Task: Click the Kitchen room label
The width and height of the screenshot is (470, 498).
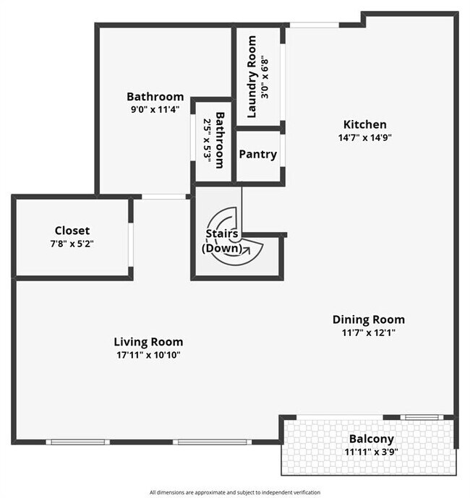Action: point(364,124)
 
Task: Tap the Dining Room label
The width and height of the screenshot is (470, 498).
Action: point(368,319)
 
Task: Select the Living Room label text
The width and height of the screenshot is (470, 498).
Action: point(148,342)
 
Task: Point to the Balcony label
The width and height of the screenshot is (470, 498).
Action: point(371,439)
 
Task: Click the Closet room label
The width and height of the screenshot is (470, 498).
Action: point(72,231)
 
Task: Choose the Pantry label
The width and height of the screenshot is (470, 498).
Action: point(257,154)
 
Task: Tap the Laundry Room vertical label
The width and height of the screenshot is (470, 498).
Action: point(252,87)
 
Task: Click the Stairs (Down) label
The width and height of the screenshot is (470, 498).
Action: point(222,241)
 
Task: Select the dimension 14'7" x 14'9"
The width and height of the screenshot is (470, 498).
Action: point(364,137)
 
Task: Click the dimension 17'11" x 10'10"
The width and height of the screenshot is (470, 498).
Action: point(148,355)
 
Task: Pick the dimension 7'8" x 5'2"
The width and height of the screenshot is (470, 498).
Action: point(72,244)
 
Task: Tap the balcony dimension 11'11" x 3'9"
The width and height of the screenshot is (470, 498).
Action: point(371,452)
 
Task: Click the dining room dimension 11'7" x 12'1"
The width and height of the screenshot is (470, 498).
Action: point(368,332)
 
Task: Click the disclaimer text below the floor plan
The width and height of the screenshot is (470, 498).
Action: point(235,491)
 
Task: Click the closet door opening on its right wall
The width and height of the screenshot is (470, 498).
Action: point(131,245)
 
